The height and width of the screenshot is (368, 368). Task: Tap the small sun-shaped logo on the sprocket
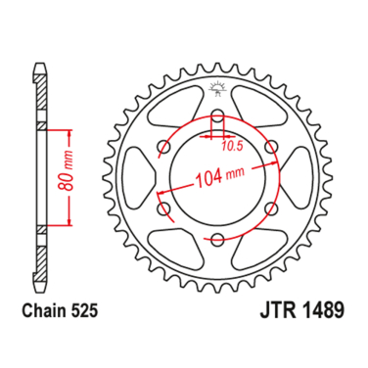(x=217, y=95)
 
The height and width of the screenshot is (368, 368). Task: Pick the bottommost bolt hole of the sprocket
(x=217, y=240)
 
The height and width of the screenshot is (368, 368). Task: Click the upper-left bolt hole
(x=164, y=149)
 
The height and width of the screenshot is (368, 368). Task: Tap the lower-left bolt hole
(x=164, y=209)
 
